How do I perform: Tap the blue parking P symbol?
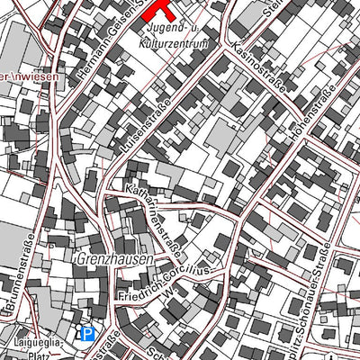click(87, 335)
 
